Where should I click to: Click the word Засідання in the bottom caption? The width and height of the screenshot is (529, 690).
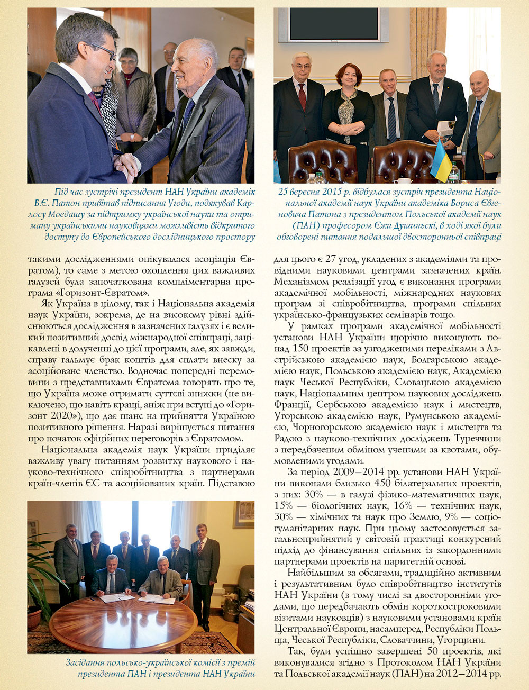(89, 662)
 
